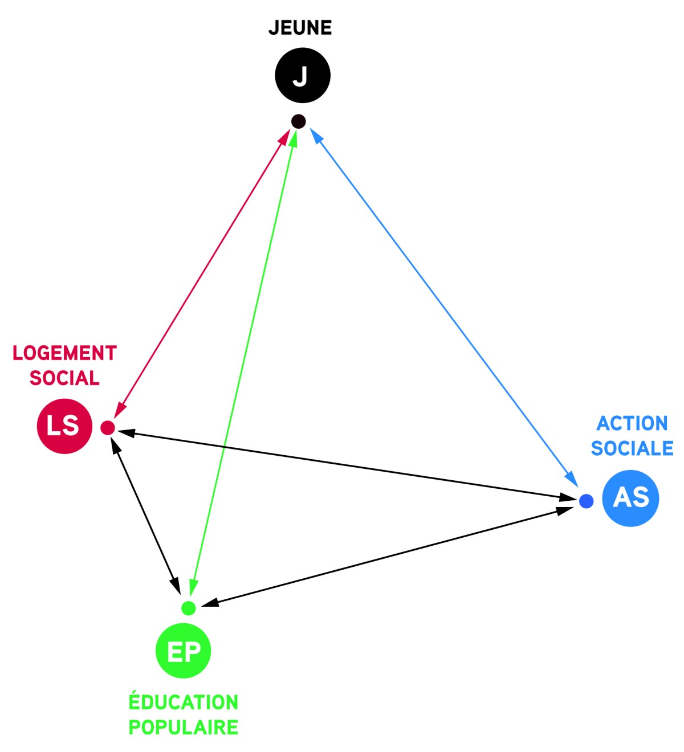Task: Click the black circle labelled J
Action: (x=303, y=75)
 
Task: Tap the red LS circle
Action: (x=64, y=426)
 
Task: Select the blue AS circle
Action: (x=630, y=498)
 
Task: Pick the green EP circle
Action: (x=184, y=651)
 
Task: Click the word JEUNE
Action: (x=300, y=28)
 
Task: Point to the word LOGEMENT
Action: (x=64, y=353)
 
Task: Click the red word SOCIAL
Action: (x=64, y=378)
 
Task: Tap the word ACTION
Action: (x=632, y=423)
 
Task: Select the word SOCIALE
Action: (x=632, y=448)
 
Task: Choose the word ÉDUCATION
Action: (x=184, y=702)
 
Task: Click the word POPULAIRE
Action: (x=184, y=728)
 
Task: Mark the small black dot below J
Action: (x=298, y=121)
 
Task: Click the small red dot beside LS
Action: (x=108, y=427)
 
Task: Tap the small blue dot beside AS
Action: (x=586, y=501)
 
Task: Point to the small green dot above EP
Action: (x=189, y=608)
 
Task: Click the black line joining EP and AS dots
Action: (x=388, y=556)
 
